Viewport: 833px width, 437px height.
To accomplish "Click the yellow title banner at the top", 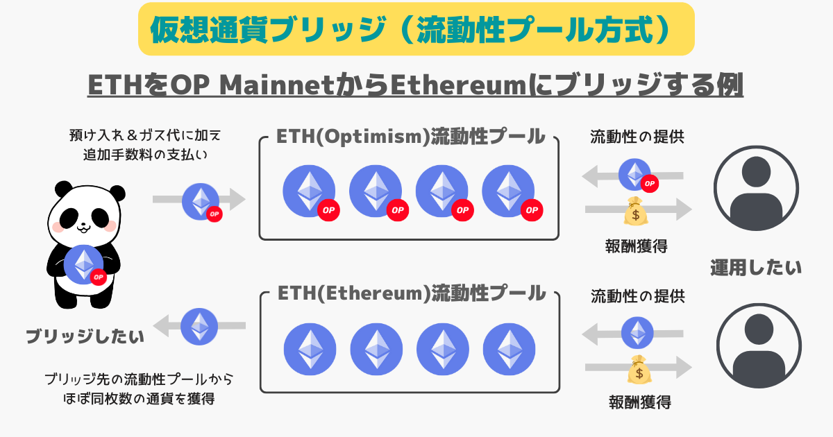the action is tap(416, 29).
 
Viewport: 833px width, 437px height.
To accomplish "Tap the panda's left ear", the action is tap(64, 189).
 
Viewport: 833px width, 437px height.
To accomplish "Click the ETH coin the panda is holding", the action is tap(85, 264).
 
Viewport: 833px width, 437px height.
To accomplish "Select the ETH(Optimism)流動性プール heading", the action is tap(410, 137).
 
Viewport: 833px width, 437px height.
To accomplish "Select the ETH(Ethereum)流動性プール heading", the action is tap(412, 293).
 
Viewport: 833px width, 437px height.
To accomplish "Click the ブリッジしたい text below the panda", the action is tap(85, 336).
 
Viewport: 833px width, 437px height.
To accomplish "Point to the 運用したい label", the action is tap(756, 268).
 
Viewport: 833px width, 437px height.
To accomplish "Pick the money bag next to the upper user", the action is tap(636, 211).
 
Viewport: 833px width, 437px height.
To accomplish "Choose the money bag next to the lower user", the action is tap(639, 369).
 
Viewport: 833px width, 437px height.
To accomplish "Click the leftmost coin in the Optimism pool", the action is tap(310, 192).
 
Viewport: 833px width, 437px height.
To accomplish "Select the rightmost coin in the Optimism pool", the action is tap(510, 192).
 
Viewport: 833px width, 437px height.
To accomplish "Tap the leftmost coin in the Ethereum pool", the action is tap(310, 349).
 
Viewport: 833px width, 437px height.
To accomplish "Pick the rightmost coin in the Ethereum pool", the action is tap(509, 349).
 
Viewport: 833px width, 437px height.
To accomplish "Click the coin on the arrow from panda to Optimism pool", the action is tap(201, 202).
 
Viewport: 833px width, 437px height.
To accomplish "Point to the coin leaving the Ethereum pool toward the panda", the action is tap(199, 326).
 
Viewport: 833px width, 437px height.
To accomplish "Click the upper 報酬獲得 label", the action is tap(636, 246).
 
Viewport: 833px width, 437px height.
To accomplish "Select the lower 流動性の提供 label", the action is tap(638, 297).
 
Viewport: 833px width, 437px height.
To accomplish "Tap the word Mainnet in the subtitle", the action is tap(277, 85).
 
